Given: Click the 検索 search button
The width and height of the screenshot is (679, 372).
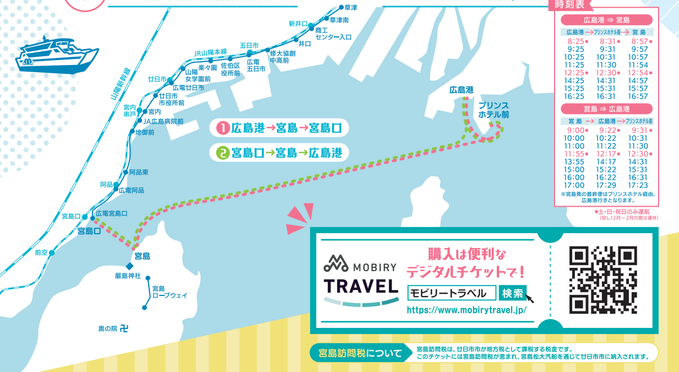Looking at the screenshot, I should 513,293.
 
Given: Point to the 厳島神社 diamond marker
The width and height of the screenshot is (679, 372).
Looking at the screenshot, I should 129,266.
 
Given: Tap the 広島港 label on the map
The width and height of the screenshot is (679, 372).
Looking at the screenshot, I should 461,90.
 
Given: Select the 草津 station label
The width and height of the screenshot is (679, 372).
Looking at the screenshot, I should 351,8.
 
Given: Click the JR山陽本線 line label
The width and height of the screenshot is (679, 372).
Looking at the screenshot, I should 210,52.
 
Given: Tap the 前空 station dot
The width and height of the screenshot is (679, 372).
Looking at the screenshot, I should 52,253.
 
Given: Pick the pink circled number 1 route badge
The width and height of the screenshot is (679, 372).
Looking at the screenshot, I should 223,128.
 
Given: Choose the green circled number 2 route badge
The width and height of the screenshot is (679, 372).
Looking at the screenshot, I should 223,152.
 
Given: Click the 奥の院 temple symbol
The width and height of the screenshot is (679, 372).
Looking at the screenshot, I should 124,328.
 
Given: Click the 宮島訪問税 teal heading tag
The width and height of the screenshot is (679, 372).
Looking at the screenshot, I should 358,353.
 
